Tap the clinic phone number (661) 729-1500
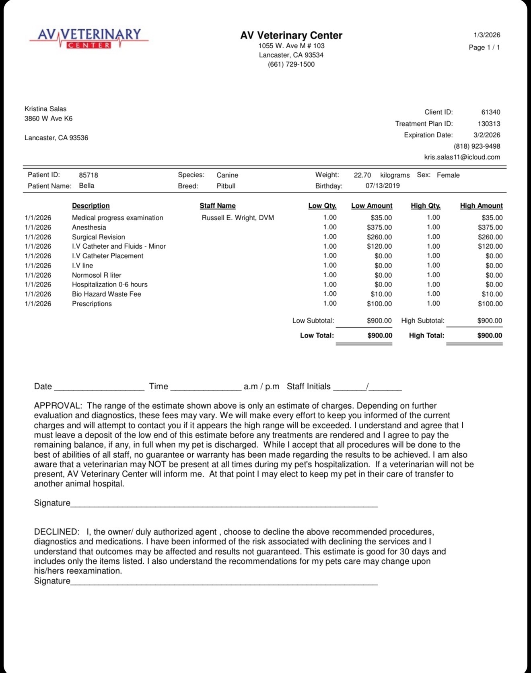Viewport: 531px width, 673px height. [x=291, y=64]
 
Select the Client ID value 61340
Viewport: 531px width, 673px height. [x=491, y=112]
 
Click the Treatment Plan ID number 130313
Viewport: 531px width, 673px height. [x=489, y=124]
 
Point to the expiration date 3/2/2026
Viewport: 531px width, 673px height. [x=487, y=135]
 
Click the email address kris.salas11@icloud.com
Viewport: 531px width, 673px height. [x=462, y=157]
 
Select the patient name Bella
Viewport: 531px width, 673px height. [x=86, y=186]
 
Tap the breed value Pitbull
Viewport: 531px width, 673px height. [x=226, y=186]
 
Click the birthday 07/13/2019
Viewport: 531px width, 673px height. [x=383, y=186]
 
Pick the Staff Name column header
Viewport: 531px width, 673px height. [x=218, y=206]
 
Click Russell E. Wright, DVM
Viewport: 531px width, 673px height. [x=238, y=218]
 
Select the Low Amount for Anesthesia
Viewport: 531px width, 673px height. [x=379, y=227]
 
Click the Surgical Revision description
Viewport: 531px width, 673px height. [x=98, y=237]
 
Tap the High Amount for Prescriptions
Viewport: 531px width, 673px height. [x=490, y=304]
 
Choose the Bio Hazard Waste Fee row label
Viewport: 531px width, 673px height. [x=106, y=294]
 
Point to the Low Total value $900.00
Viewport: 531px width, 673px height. [x=380, y=335]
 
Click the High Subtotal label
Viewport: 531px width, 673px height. [x=422, y=321]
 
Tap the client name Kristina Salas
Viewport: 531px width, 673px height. [x=45, y=109]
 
